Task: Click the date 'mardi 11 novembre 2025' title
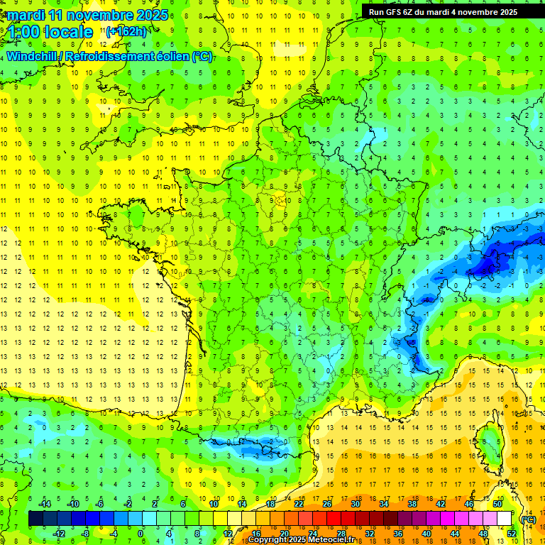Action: pyautogui.click(x=88, y=15)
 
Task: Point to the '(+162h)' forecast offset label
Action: pyautogui.click(x=126, y=31)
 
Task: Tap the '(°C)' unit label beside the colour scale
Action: pyautogui.click(x=527, y=519)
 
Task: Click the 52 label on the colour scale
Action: pyautogui.click(x=511, y=534)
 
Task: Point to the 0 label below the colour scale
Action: pyautogui.click(x=141, y=534)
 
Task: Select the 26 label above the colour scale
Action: pyautogui.click(x=327, y=504)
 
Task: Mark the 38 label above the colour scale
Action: pyautogui.click(x=412, y=504)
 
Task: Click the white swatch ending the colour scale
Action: pyautogui.click(x=505, y=519)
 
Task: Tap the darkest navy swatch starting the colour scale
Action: pyautogui.click(x=36, y=519)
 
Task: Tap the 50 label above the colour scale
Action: pyautogui.click(x=497, y=504)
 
